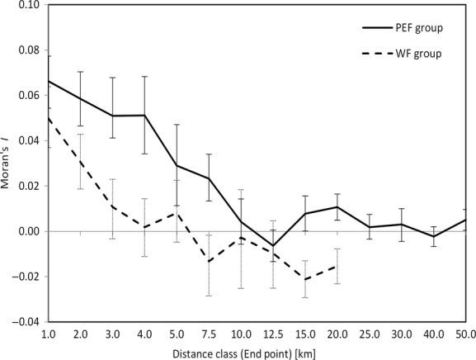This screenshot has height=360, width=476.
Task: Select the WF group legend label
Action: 414,54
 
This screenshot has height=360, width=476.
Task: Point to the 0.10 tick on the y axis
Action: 27,5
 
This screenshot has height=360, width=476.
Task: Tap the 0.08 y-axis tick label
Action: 27,50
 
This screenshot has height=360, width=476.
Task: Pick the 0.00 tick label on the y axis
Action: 27,231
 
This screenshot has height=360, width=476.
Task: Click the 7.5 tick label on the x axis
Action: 210,335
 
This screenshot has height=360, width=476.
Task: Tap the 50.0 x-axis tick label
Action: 464,335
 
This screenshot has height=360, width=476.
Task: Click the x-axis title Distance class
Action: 255,353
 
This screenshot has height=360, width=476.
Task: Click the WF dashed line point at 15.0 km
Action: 305,279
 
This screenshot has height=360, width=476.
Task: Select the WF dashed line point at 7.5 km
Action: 210,262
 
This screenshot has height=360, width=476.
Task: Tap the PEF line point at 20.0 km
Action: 337,206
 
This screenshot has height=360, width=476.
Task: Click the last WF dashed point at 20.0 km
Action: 337,266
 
